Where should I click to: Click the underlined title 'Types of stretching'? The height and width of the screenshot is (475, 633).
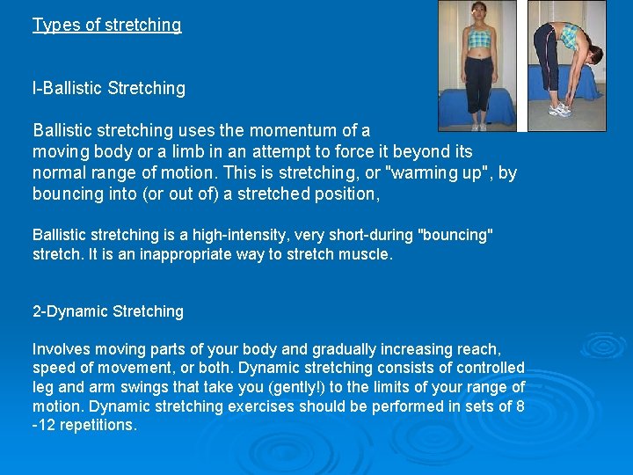pos(106,25)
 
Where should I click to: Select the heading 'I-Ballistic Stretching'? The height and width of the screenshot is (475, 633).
pos(109,88)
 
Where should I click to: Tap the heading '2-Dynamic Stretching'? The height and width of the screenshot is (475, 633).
pos(108,311)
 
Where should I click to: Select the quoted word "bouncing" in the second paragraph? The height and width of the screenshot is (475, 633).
pos(456,235)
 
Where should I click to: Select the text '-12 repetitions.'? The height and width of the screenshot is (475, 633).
pos(85,426)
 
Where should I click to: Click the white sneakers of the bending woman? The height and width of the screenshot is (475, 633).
pos(559,110)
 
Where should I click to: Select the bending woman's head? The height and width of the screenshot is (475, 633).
pos(594,57)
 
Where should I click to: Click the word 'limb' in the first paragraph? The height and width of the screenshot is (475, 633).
pos(176,151)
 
